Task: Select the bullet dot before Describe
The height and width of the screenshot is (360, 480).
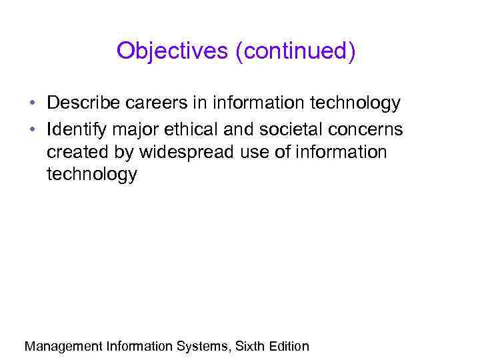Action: click(32, 104)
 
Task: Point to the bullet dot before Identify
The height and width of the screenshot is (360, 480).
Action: click(32, 128)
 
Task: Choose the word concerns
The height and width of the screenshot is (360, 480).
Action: click(368, 128)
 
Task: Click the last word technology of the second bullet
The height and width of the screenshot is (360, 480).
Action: click(92, 175)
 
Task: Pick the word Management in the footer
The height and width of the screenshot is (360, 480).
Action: click(63, 347)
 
